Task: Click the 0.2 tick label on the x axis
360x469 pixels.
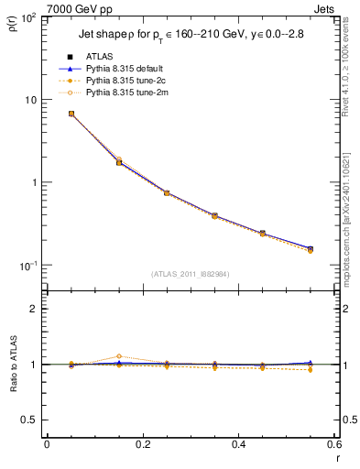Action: coord(142,446)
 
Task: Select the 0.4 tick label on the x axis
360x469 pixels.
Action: coord(237,446)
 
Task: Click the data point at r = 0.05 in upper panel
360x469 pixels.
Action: coord(71,114)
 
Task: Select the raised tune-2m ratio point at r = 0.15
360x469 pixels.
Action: coord(119,356)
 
